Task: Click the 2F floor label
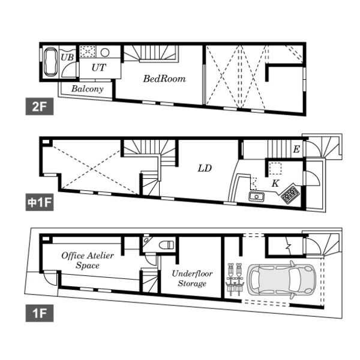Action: (x=40, y=106)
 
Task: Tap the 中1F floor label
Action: (x=40, y=202)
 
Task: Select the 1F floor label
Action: (x=40, y=313)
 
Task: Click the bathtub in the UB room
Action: (x=50, y=62)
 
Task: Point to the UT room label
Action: (x=99, y=67)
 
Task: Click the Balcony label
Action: (x=87, y=89)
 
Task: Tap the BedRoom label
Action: (x=164, y=79)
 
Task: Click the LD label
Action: (x=205, y=169)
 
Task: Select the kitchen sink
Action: (x=256, y=197)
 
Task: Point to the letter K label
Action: (x=275, y=184)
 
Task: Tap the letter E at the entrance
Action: (x=296, y=149)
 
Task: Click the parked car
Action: (x=281, y=280)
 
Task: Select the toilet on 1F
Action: (x=166, y=245)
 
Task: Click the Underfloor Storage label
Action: (x=192, y=278)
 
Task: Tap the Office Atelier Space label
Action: (x=88, y=260)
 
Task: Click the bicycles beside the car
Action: (x=235, y=280)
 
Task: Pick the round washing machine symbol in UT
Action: (x=104, y=53)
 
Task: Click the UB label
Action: (x=67, y=57)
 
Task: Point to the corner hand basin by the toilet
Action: (x=146, y=240)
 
